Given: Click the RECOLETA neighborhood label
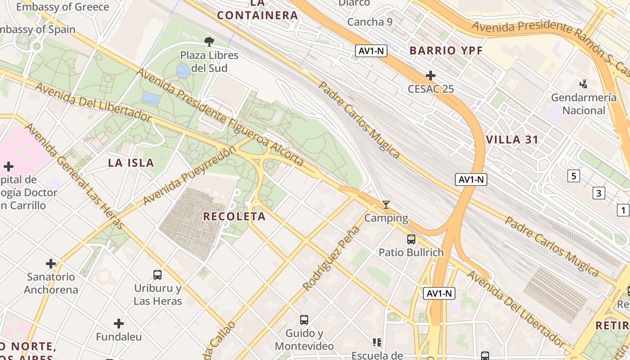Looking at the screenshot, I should click(234, 216).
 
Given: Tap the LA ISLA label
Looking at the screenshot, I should click(131, 163).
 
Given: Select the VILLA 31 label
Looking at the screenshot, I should click(512, 139).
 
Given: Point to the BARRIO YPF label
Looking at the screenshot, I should click(446, 50).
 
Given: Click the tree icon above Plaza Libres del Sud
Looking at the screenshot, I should click(209, 42).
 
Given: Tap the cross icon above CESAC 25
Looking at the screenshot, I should click(431, 75).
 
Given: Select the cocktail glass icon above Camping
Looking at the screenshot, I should click(386, 205).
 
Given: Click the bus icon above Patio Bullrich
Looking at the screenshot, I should click(411, 239).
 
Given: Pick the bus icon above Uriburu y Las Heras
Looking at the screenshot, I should click(157, 274).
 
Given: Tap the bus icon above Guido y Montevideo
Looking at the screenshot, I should click(304, 320).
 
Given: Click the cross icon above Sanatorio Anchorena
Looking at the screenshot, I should click(51, 263).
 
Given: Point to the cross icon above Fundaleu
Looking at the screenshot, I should click(119, 323).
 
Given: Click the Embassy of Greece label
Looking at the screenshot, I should click(63, 7).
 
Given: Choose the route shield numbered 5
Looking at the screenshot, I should click(573, 176).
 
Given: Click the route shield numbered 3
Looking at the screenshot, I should click(598, 193).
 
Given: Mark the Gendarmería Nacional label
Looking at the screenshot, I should click(584, 104).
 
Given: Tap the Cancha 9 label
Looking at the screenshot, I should click(370, 22).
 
